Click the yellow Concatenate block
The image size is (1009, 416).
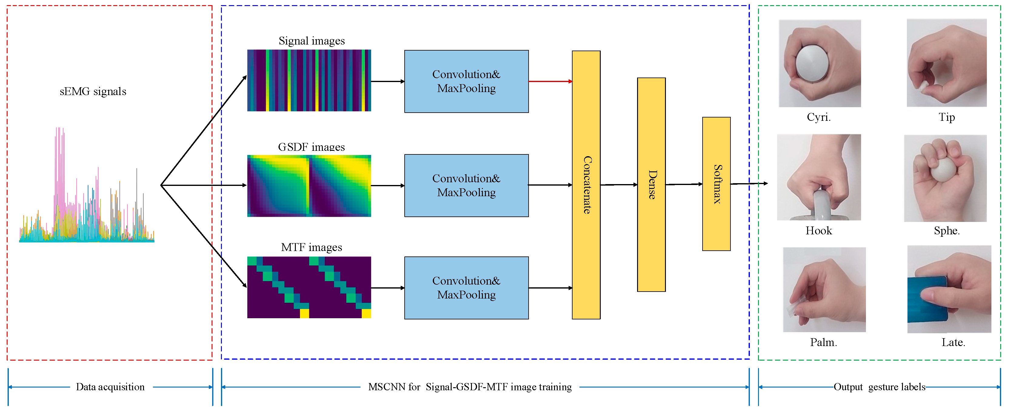point(586,185)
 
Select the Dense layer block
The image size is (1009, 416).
point(651,185)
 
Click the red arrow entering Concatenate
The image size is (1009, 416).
point(550,81)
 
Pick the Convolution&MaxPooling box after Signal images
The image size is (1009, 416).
point(466,81)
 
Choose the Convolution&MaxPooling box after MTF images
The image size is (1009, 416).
point(466,288)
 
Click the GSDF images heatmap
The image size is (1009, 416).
point(309,186)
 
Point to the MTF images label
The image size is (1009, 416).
point(311,247)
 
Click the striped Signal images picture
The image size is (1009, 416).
point(309,80)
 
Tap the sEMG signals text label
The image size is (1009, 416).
point(93,91)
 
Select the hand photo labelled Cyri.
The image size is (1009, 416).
point(820,63)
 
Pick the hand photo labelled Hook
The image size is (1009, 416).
point(819,177)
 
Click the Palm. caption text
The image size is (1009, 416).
point(823,342)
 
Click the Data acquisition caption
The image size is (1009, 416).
point(110,387)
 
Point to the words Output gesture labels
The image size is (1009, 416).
point(879,387)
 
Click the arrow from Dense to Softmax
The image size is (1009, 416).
point(683,184)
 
